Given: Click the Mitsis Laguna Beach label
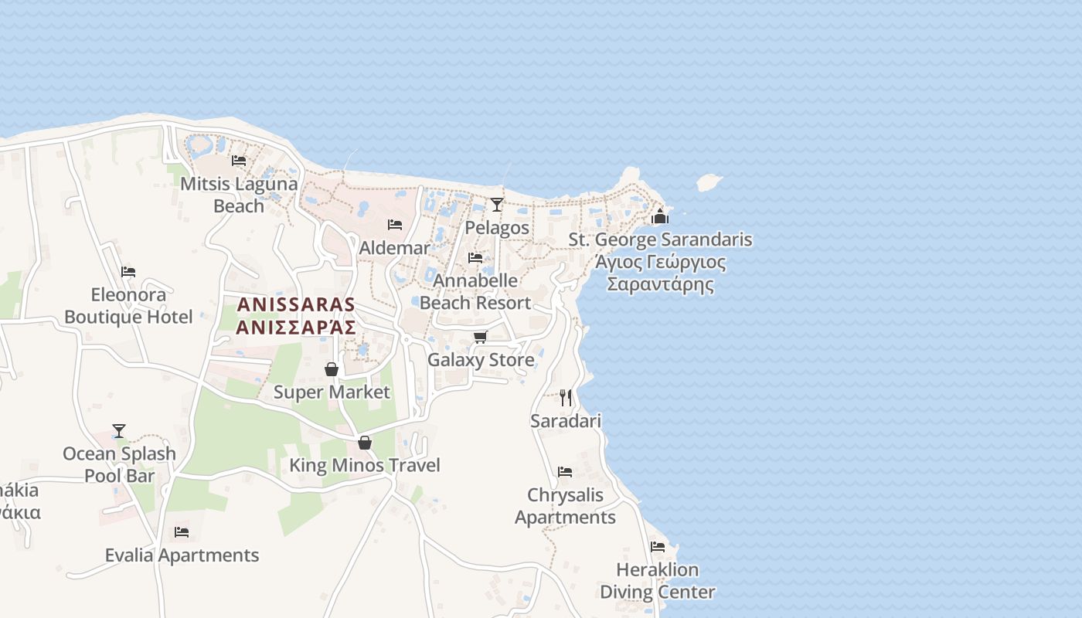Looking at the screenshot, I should [239, 195].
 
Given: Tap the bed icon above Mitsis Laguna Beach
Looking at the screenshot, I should [239, 161].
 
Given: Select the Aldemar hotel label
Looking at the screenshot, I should [394, 248].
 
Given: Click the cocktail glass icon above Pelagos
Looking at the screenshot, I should [497, 205].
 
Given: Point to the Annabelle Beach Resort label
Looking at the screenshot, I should [475, 291].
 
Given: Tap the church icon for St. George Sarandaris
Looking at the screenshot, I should [659, 216].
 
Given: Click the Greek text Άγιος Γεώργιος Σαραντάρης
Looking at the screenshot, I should [661, 273].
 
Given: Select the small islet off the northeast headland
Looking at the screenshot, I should [709, 182].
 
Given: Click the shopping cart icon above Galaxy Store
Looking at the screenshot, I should [480, 338].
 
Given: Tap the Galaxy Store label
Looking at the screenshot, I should [481, 360].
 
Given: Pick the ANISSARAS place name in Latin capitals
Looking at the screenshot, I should [296, 304].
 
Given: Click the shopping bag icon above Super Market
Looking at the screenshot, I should [332, 370].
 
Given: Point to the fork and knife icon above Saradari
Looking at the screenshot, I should [566, 398].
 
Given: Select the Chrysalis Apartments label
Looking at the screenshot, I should [565, 506].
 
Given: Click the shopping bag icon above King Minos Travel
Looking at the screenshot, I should [365, 443].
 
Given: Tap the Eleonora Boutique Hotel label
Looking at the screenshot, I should [128, 306].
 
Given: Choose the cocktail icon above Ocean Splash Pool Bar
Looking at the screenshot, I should [119, 431].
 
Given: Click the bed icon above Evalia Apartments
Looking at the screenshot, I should [182, 532].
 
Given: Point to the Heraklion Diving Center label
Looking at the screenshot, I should [657, 581].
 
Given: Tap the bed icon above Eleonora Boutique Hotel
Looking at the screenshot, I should [128, 272].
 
